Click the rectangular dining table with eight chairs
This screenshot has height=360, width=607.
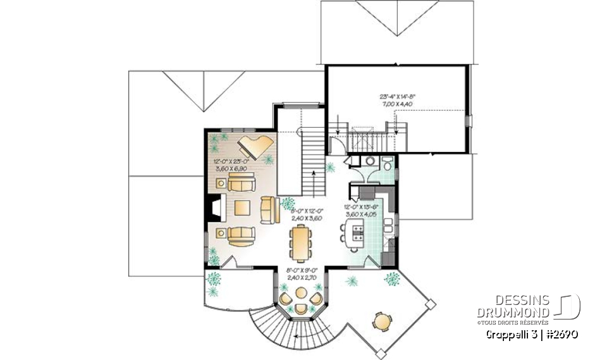[x=299, y=243]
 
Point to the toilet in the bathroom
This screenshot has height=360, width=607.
[x=386, y=164]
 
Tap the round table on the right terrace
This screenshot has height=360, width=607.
[x=382, y=321]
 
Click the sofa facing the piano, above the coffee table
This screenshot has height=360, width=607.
[x=241, y=185]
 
